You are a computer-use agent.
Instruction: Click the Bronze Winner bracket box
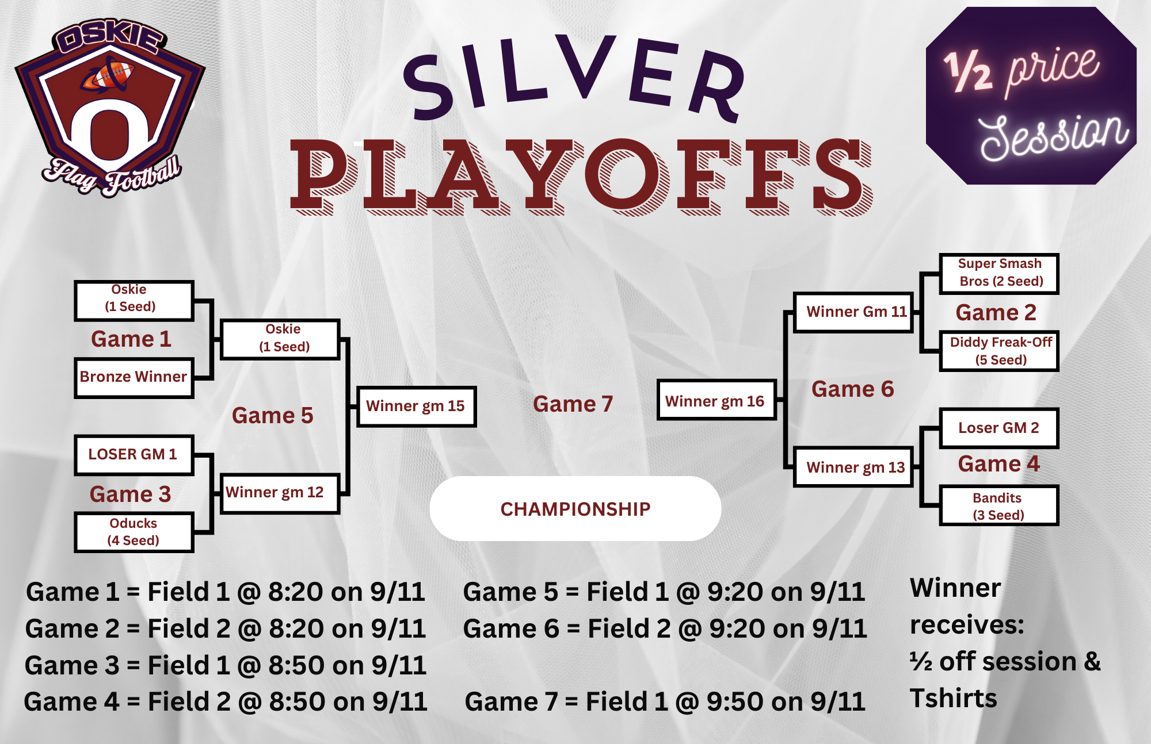tap(134, 378)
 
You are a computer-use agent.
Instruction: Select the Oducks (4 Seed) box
tap(134, 532)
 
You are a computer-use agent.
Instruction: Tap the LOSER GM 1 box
tap(134, 455)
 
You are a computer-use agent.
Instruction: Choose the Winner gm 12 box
tap(280, 493)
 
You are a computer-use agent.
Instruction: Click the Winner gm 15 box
tap(416, 406)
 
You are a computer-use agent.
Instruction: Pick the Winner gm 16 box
tap(717, 400)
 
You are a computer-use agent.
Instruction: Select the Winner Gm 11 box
tap(853, 312)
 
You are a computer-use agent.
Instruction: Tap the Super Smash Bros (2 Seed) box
tap(1000, 274)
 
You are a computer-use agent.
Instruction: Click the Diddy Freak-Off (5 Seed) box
tap(1000, 351)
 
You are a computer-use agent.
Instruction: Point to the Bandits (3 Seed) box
tap(1000, 505)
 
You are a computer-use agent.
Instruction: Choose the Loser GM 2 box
tap(1000, 428)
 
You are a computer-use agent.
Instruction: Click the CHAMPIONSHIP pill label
tap(575, 508)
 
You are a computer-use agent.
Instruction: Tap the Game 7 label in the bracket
tap(573, 404)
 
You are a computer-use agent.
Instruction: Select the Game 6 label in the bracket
tap(852, 389)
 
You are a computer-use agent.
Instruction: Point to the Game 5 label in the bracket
tap(272, 416)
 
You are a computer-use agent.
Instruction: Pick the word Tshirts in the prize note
tap(953, 699)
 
